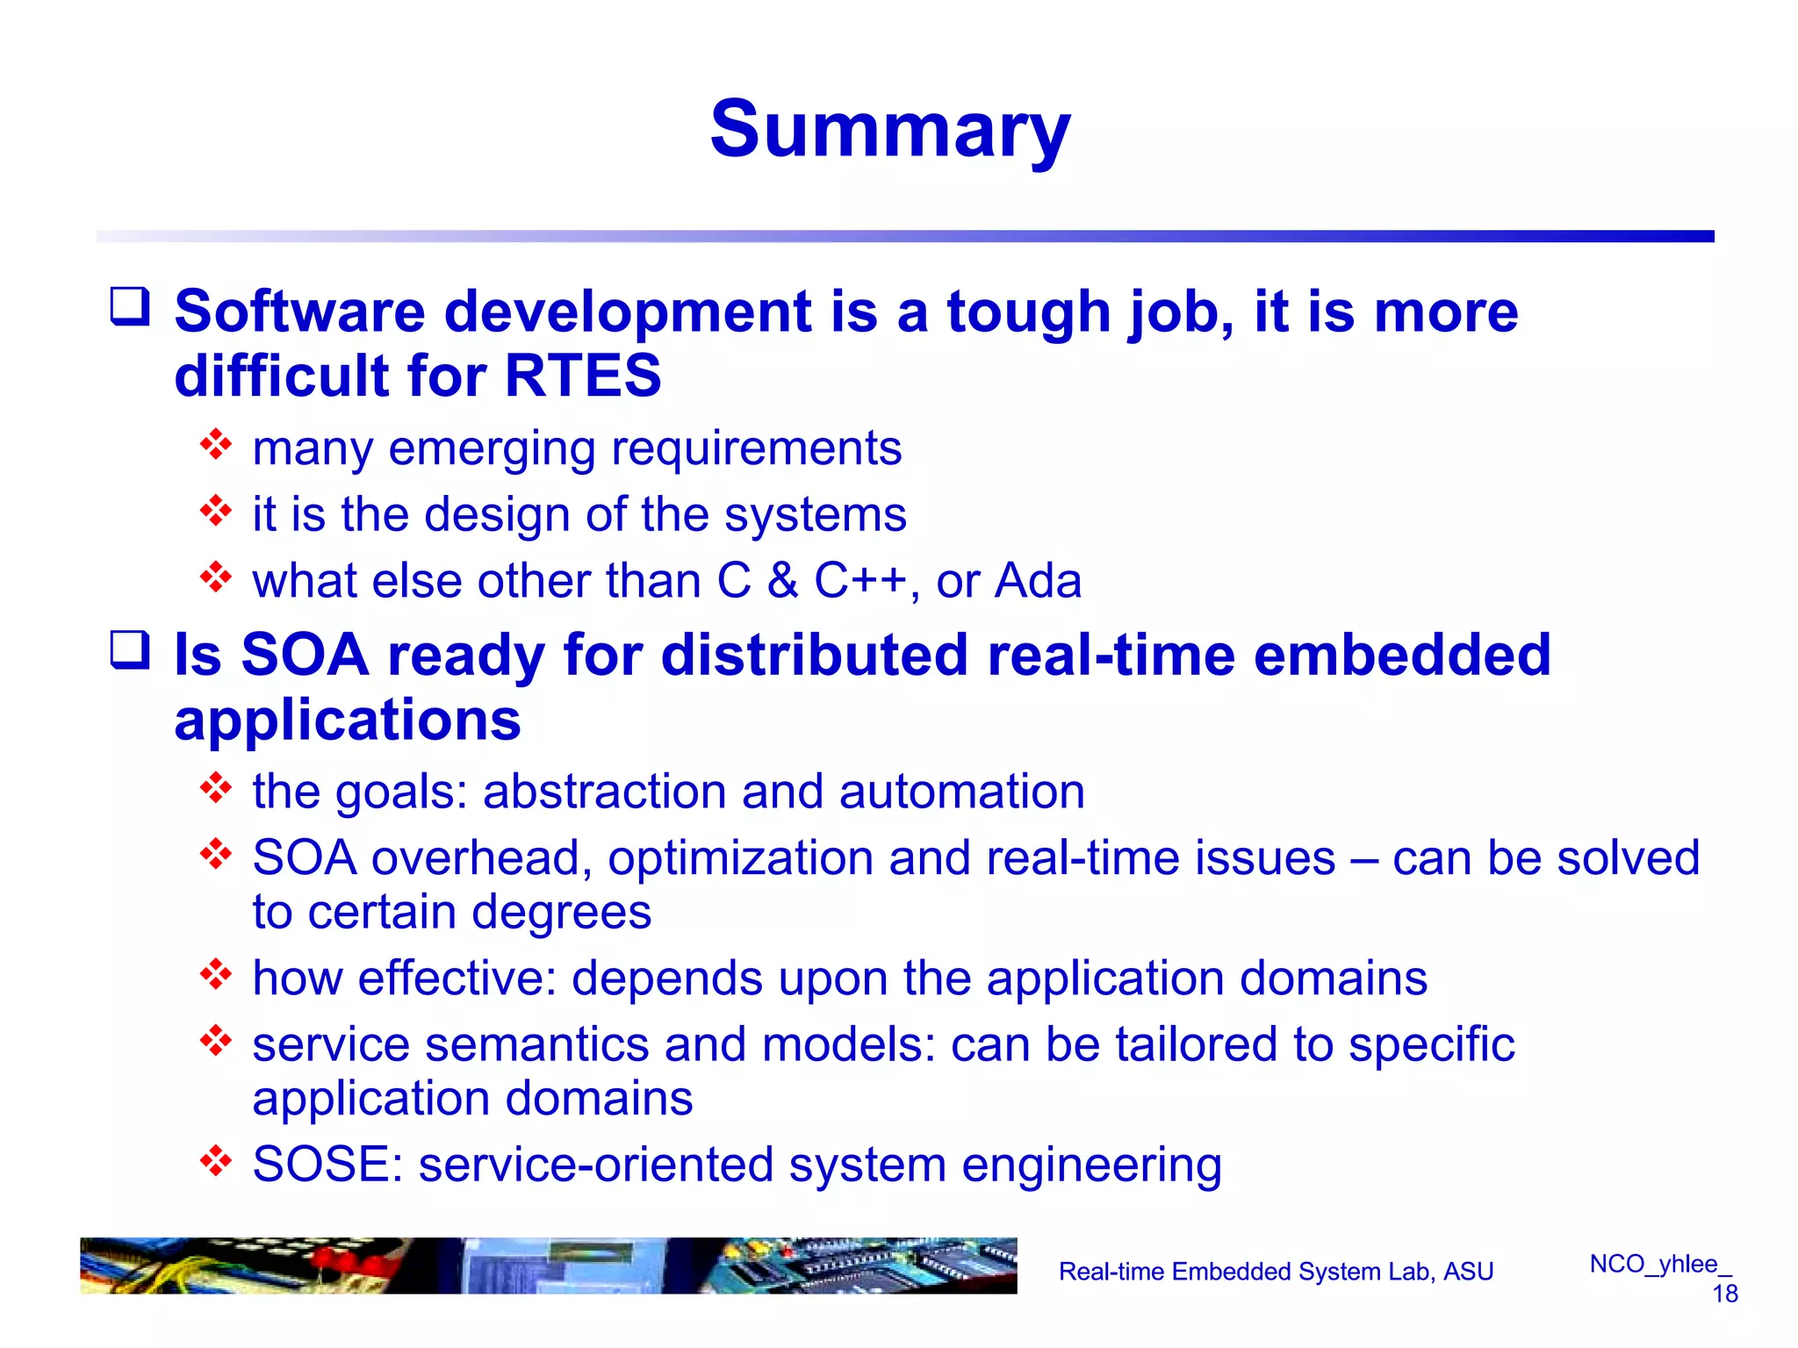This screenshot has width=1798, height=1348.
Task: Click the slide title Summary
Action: [889, 130]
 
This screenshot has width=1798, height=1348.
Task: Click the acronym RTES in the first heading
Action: [583, 376]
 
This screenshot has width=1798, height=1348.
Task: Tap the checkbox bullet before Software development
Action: [130, 307]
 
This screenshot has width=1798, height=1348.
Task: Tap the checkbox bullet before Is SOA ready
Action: [130, 650]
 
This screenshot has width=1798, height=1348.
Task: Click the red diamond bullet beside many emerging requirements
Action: [215, 445]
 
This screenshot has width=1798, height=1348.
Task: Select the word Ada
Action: [1038, 581]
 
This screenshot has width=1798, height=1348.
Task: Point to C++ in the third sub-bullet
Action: [860, 581]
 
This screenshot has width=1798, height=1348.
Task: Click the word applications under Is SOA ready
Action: [348, 721]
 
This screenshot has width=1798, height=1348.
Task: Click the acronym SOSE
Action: [320, 1165]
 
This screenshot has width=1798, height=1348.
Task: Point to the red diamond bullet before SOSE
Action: [215, 1161]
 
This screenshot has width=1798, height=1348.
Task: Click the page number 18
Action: [1724, 1294]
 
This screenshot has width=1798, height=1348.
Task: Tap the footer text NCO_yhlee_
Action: [1660, 1264]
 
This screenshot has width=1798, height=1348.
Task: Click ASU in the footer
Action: [1468, 1272]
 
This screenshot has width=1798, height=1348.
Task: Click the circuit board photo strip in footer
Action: [548, 1266]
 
